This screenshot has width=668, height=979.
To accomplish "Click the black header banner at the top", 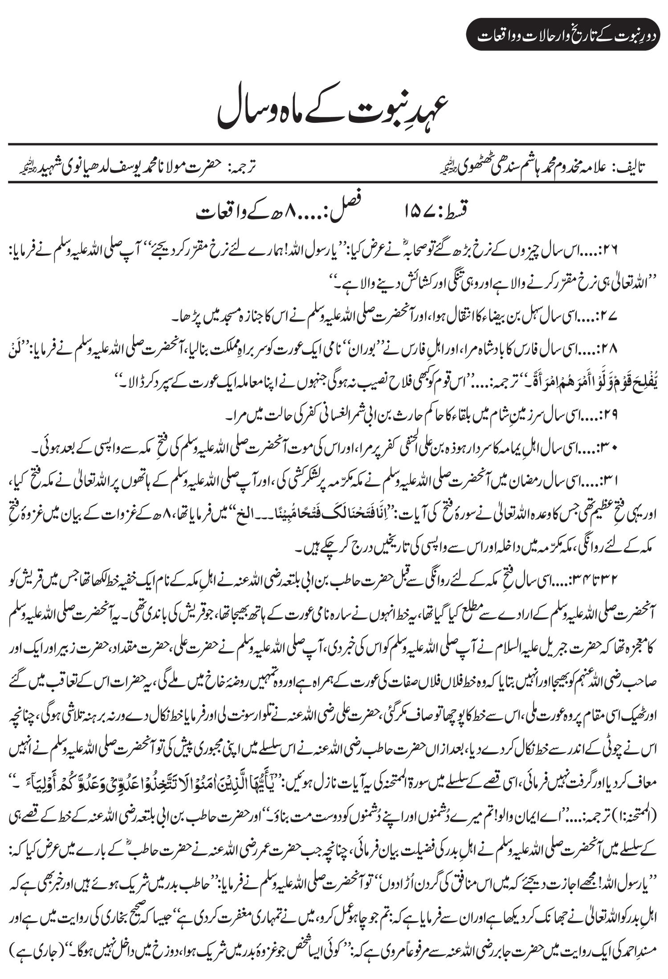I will (x=564, y=34).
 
